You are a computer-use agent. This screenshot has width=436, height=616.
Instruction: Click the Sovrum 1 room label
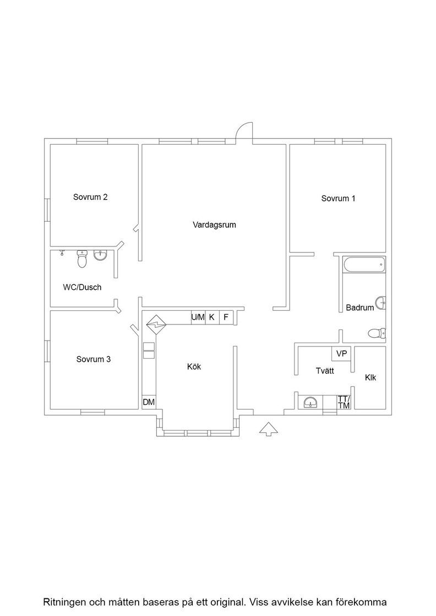coord(338,199)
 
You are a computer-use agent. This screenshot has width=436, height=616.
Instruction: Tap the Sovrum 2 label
coord(90,197)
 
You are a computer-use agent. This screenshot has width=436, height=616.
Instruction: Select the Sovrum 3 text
coord(94,359)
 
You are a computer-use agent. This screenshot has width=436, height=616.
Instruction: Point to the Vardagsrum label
coord(214,225)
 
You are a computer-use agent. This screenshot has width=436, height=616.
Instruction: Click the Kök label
coord(194,366)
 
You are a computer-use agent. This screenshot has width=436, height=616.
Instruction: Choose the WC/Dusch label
coord(82,287)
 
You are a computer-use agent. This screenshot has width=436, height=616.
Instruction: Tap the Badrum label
coord(359,307)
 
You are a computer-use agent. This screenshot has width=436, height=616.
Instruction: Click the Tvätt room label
coord(325,371)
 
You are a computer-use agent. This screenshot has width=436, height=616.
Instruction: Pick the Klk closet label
coord(370,377)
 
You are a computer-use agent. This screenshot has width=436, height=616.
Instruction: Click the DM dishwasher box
coord(149,402)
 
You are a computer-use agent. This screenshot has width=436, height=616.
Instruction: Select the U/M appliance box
coord(198,317)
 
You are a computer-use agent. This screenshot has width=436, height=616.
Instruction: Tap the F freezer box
coord(226,317)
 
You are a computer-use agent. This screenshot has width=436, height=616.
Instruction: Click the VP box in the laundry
coord(342,354)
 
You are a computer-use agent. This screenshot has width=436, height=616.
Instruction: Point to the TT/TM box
coord(344,402)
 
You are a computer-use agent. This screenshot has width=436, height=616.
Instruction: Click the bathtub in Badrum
coord(364,265)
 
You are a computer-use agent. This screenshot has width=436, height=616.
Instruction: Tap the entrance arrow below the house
coord(269,429)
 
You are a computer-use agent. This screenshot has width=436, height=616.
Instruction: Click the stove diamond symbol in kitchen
coord(156,324)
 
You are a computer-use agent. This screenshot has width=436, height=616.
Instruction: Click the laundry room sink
coord(310,402)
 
